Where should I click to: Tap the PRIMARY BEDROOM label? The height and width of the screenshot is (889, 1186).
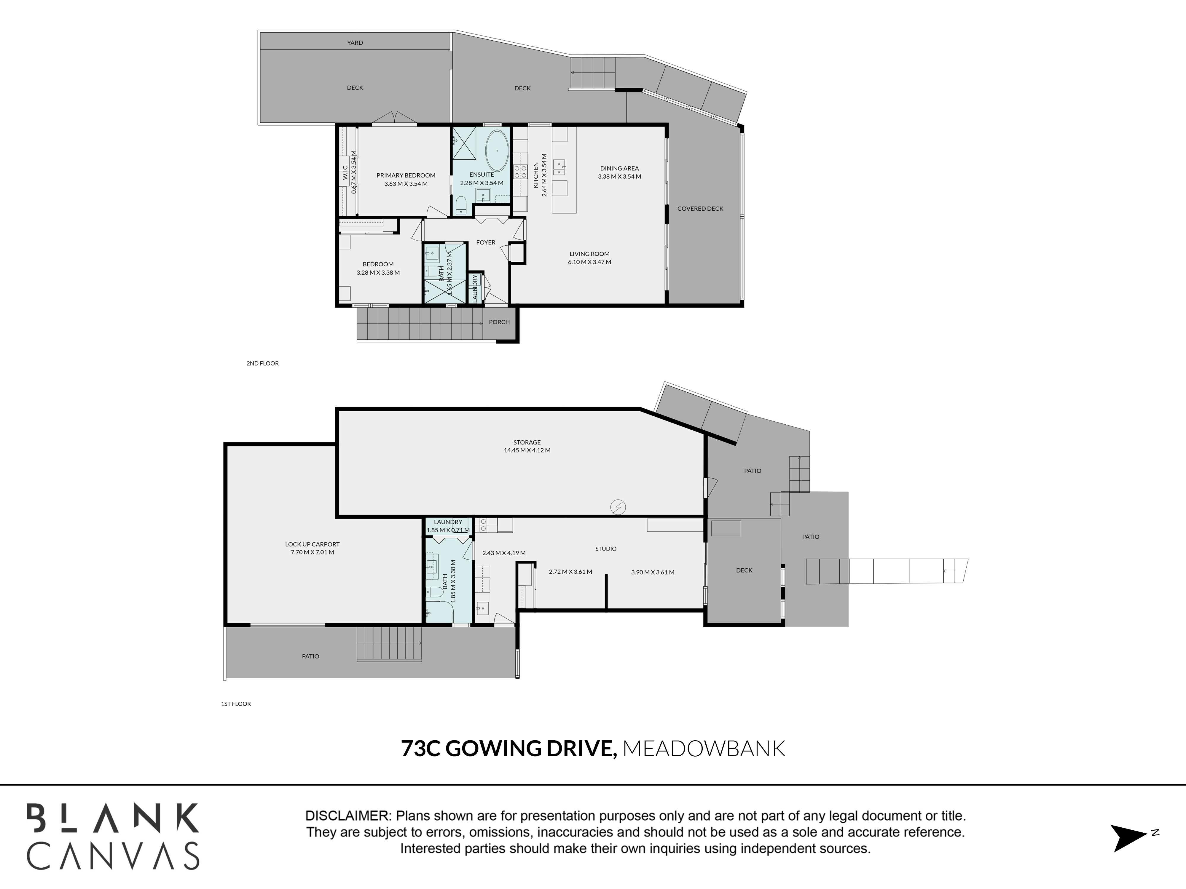[x=406, y=175]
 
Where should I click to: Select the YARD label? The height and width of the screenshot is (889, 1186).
[x=355, y=43]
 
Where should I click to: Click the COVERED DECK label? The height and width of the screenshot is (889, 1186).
[x=700, y=208]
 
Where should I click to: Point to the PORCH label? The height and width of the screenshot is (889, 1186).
[x=499, y=322]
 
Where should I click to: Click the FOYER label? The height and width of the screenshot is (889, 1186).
[x=486, y=242]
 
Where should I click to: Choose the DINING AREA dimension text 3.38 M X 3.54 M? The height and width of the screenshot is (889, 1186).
[x=619, y=176]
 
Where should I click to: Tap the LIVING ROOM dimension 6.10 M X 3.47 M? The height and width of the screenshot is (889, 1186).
[x=589, y=262]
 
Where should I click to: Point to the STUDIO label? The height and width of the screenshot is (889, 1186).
[x=606, y=549]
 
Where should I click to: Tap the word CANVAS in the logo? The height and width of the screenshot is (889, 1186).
[x=113, y=856]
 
